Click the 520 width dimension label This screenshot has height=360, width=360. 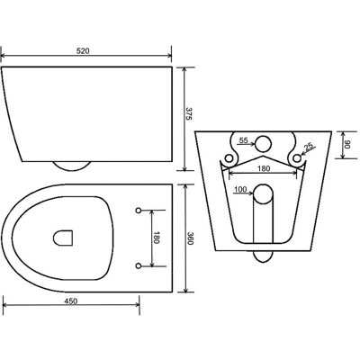pyautogui.click(x=83, y=51)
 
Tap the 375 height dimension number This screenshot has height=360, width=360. pyautogui.click(x=188, y=113)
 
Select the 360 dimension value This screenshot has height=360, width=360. pyautogui.click(x=190, y=238)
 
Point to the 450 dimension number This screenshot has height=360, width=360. pyautogui.click(x=71, y=301)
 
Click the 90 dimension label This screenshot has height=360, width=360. pyautogui.click(x=347, y=145)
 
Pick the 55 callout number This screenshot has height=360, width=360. pyautogui.click(x=244, y=140)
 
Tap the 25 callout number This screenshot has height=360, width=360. pyautogui.click(x=309, y=147)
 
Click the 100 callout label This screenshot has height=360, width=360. pyautogui.click(x=240, y=189)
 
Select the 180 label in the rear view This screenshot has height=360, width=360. pyautogui.click(x=264, y=168)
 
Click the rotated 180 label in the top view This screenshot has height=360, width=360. pyautogui.click(x=156, y=238)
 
